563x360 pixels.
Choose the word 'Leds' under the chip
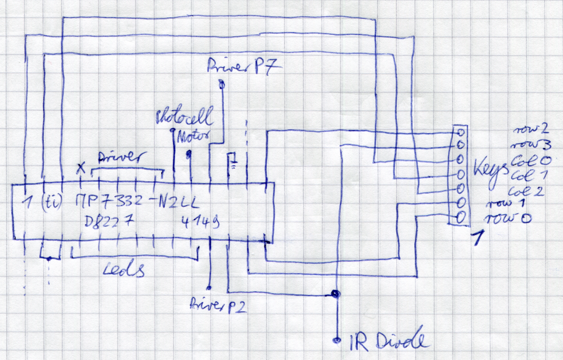coord(125,270)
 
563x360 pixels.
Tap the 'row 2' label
coord(531,129)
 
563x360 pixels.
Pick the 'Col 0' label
coord(530,159)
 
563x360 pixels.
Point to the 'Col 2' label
coord(530,189)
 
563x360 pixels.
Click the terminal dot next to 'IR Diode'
coord(337,340)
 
